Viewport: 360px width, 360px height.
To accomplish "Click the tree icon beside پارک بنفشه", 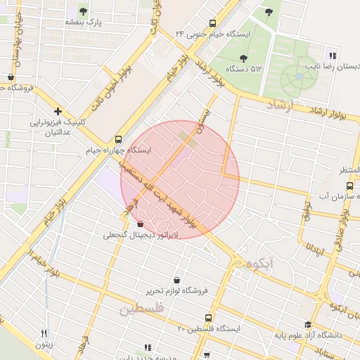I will (x=84, y=11).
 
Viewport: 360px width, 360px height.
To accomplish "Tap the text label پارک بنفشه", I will (x=84, y=22).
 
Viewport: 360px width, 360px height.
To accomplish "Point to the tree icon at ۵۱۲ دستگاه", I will (x=243, y=58).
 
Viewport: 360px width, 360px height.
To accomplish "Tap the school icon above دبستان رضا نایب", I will (x=333, y=56).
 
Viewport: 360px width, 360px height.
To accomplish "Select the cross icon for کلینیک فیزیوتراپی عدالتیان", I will (x=58, y=111).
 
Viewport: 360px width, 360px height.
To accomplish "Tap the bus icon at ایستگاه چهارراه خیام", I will (x=118, y=139).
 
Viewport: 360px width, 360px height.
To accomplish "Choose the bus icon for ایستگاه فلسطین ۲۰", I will (x=207, y=318).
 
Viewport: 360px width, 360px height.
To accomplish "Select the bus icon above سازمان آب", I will (x=349, y=186).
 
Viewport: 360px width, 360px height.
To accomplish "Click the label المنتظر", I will (x=349, y=171).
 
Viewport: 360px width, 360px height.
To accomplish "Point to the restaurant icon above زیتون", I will (x=44, y=334).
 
